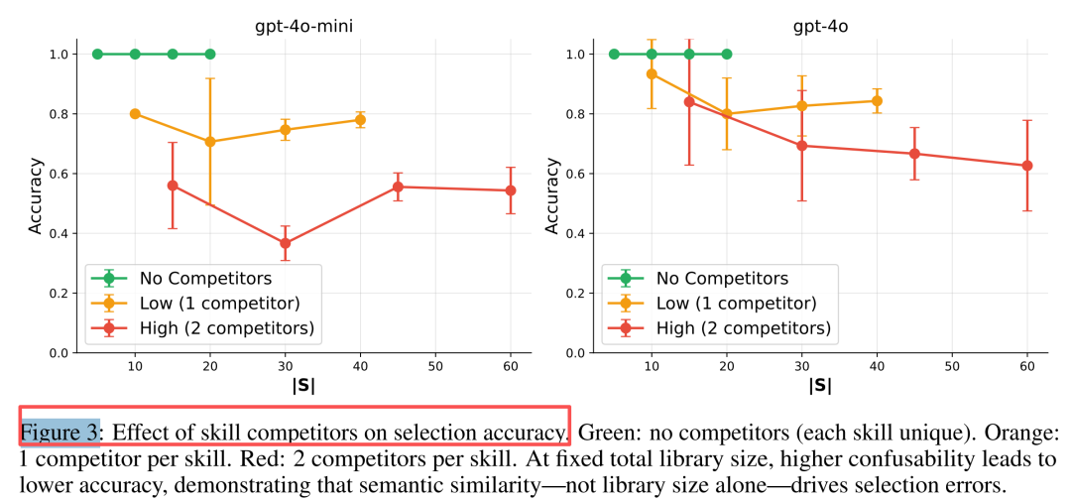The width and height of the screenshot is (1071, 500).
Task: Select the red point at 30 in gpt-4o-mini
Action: coord(286,243)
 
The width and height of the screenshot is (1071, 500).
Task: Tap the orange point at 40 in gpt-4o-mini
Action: coord(360,120)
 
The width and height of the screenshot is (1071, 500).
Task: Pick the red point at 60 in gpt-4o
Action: coord(1026,166)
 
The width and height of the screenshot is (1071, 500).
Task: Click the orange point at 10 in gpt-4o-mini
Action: coord(135,114)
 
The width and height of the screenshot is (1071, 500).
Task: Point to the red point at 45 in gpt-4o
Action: coord(914,154)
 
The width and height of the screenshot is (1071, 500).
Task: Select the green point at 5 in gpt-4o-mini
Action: coord(97,54)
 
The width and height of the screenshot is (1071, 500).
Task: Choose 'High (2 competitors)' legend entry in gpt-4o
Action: coord(744,328)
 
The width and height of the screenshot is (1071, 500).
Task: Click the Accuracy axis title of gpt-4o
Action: coord(554,203)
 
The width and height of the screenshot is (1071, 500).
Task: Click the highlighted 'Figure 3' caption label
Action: coord(60,432)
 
